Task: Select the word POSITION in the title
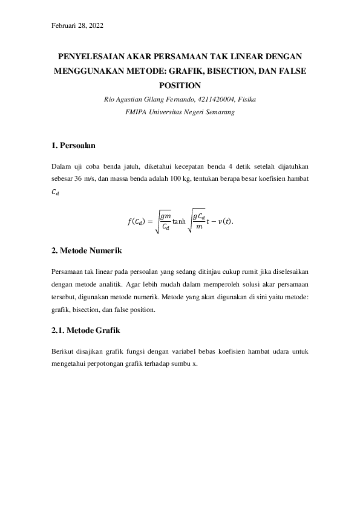pos(180,85)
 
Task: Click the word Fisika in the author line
pos(247,99)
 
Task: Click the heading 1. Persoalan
pos(74,146)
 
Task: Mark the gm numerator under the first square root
pos(165,215)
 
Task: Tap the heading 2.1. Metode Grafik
pos(83,331)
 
